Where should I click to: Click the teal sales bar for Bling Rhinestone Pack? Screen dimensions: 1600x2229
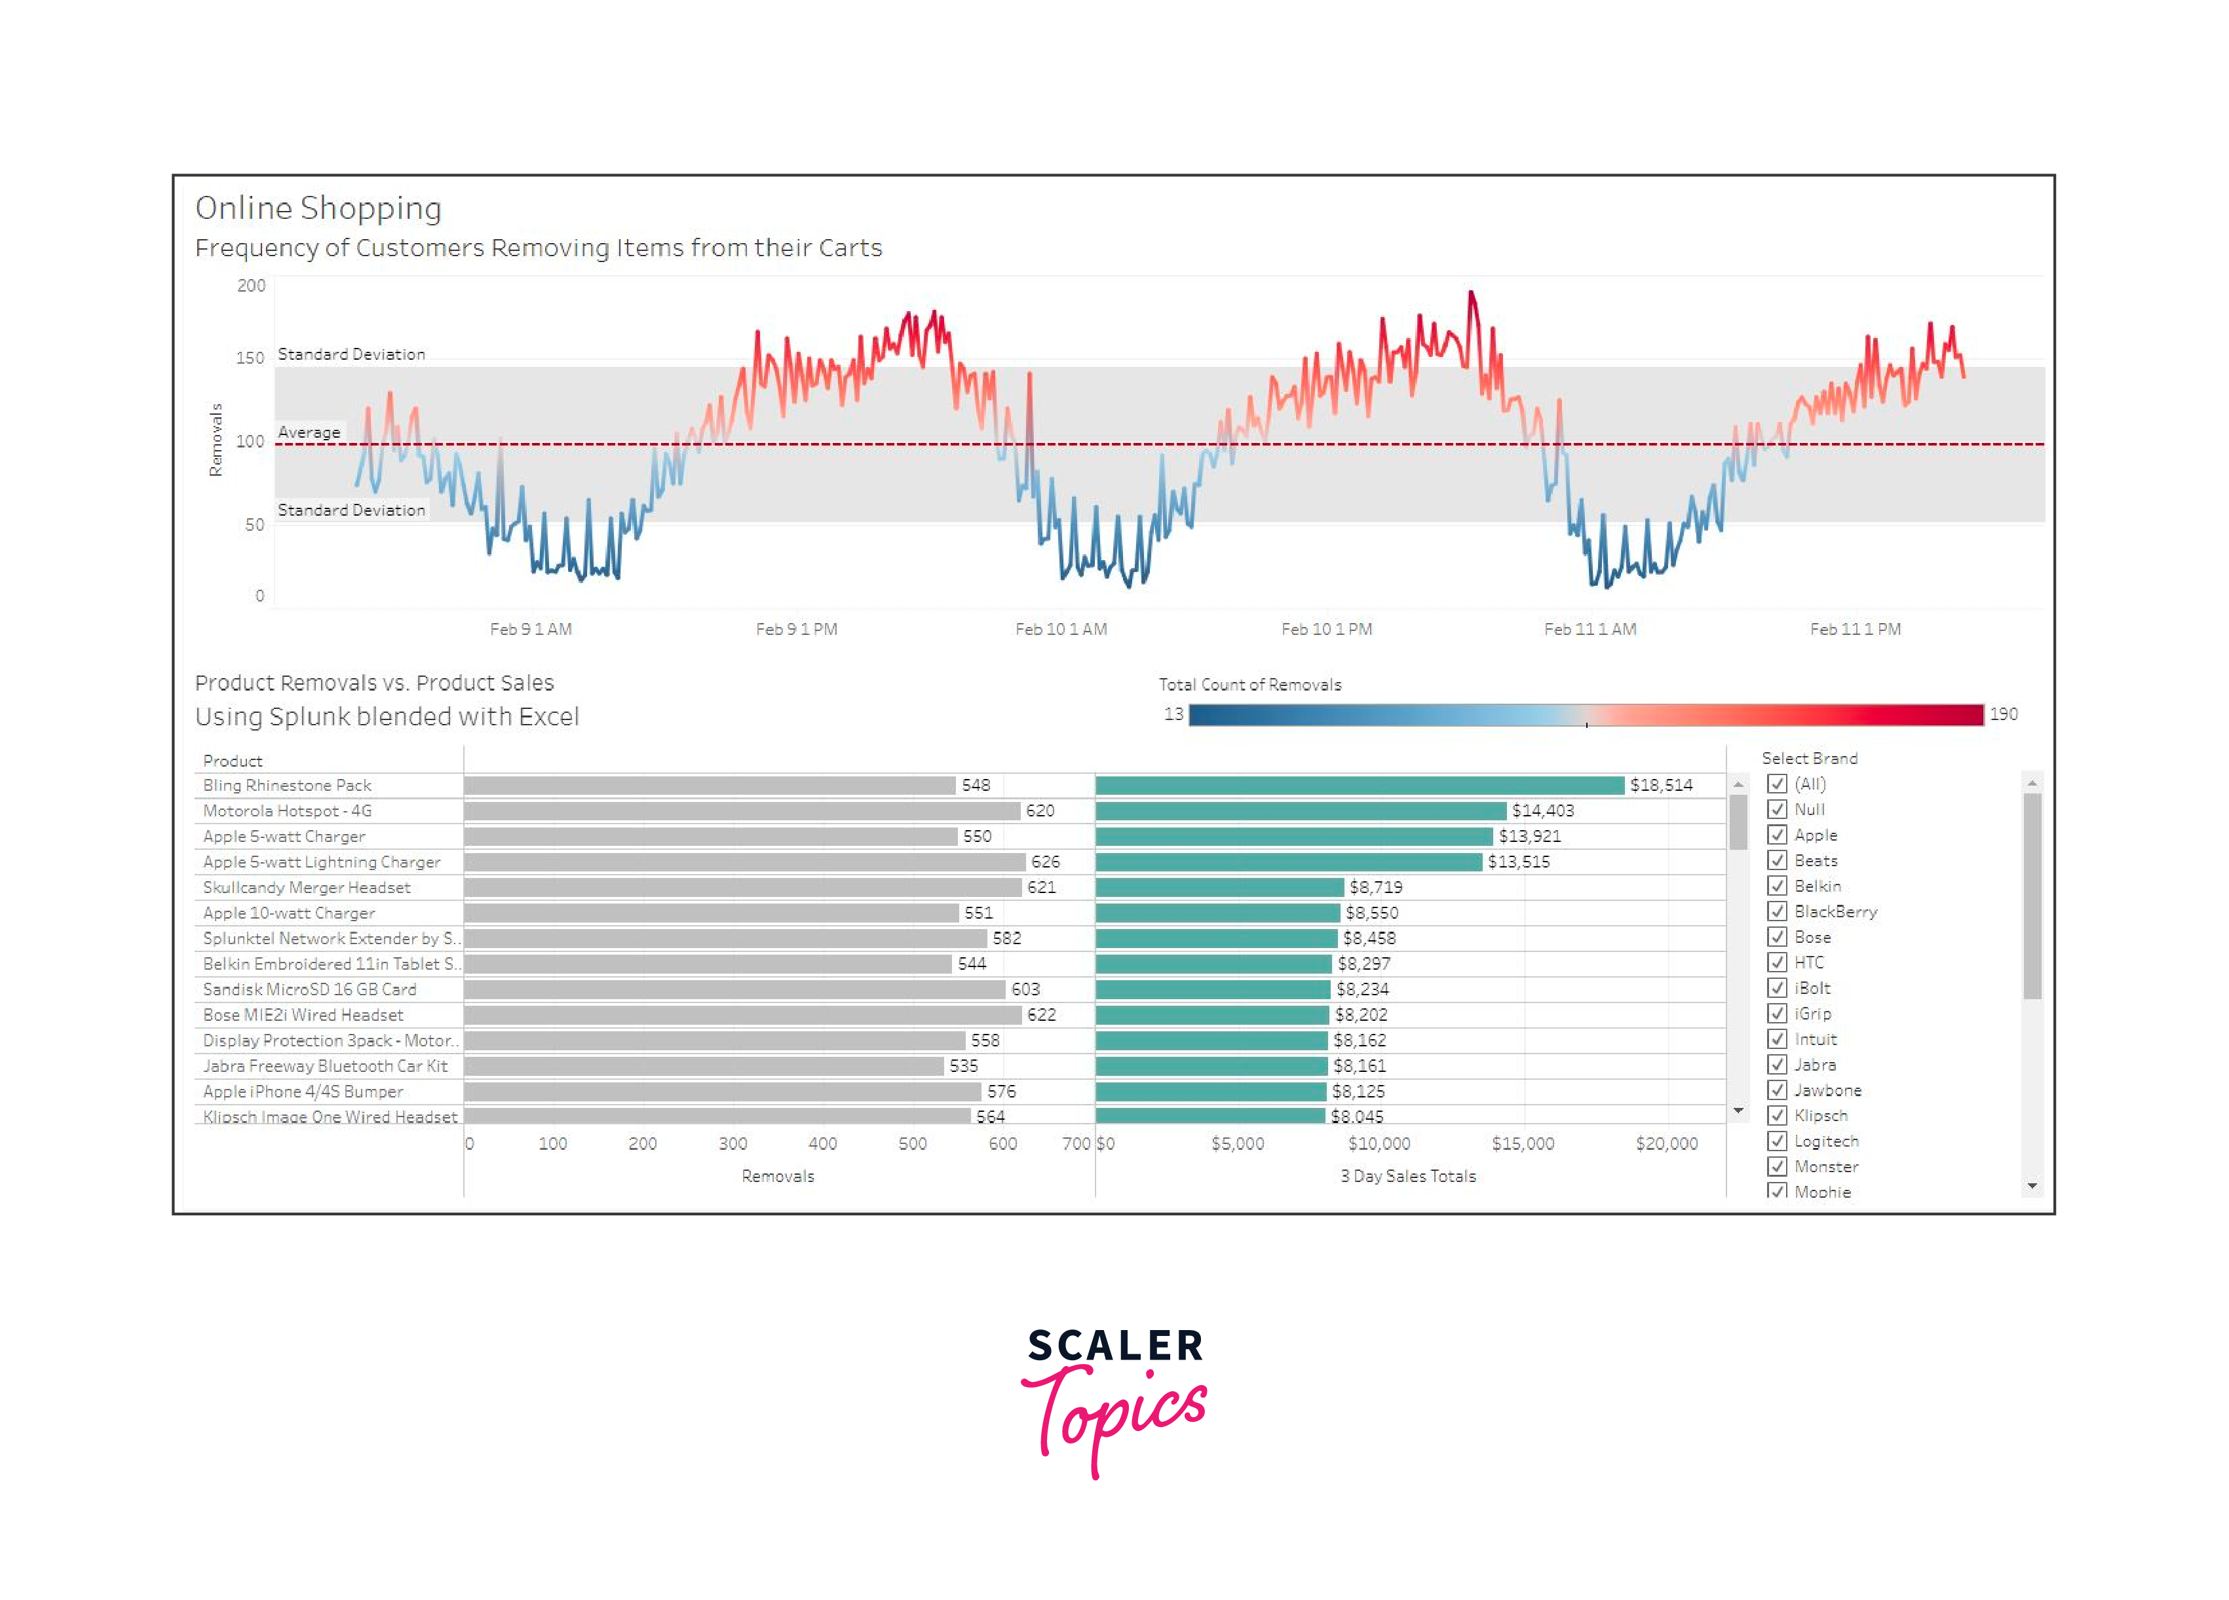tap(1359, 785)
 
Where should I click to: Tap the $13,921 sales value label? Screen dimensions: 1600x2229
tap(1529, 836)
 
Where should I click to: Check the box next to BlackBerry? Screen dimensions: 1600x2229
tap(1777, 911)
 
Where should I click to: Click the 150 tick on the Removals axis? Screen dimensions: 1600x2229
tap(250, 358)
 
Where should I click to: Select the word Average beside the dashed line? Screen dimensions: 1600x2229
tap(309, 432)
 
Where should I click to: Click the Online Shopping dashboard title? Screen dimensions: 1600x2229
tap(317, 208)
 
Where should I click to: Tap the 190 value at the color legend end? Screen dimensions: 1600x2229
tap(2003, 714)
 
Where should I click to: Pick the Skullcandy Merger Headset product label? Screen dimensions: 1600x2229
tap(307, 887)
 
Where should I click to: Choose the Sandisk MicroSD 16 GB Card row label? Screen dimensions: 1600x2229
tap(309, 989)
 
